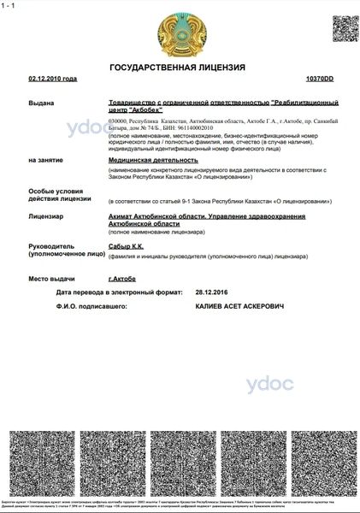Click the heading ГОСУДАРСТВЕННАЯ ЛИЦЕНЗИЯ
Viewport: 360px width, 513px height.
click(x=178, y=66)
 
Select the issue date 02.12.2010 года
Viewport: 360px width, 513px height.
click(x=53, y=79)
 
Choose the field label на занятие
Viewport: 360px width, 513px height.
click(x=45, y=160)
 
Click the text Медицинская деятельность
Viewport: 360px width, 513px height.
click(x=152, y=160)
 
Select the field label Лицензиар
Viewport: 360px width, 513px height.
click(x=46, y=217)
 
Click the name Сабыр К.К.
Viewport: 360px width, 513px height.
click(x=125, y=246)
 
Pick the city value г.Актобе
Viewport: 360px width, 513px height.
click(x=123, y=279)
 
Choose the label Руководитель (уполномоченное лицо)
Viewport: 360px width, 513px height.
click(x=55, y=251)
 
